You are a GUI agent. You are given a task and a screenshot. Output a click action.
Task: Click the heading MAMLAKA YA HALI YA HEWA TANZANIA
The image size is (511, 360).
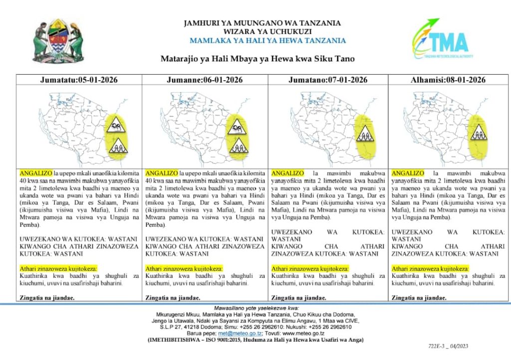267,41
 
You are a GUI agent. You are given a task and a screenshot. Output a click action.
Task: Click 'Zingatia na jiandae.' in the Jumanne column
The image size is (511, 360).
173,298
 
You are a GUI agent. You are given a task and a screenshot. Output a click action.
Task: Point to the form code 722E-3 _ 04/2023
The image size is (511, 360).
448,346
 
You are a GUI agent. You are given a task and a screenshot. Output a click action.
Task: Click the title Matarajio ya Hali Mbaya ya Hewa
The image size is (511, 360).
257,59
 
